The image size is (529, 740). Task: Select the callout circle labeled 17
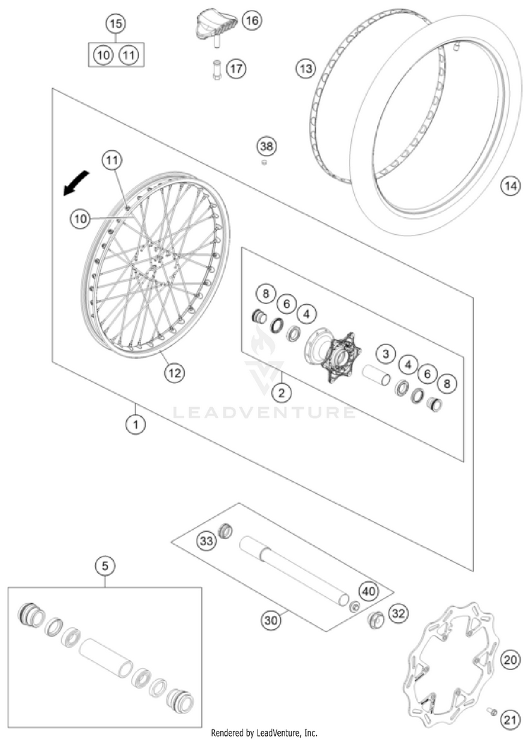(236, 69)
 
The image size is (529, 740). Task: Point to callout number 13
(305, 68)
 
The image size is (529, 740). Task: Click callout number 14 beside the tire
(510, 186)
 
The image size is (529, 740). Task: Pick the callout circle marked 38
(266, 147)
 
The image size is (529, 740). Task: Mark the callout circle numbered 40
(367, 590)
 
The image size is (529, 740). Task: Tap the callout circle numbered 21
(509, 718)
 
